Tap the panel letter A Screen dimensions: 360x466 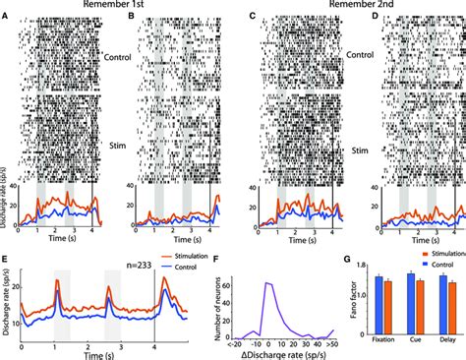click(8, 16)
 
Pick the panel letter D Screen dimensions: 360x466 click(374, 16)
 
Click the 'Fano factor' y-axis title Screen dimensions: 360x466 click(351, 307)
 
